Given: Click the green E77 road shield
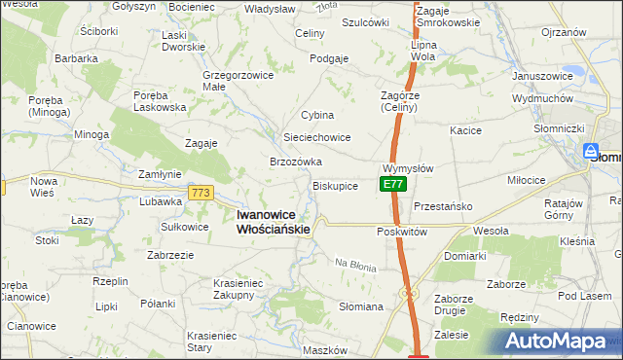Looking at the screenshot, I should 391,184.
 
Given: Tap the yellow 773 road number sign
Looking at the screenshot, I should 202,193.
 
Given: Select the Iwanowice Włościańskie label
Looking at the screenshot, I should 274,222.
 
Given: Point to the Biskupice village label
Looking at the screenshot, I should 335,185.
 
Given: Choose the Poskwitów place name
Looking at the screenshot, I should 402,233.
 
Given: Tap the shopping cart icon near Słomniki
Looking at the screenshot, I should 590,151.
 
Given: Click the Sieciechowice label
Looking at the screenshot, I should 316,137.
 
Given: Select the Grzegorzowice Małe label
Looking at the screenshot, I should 230,80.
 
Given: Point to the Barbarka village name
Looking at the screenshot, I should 76,58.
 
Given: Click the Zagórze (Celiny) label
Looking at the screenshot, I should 398,101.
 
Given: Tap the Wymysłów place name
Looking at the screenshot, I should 408,167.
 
